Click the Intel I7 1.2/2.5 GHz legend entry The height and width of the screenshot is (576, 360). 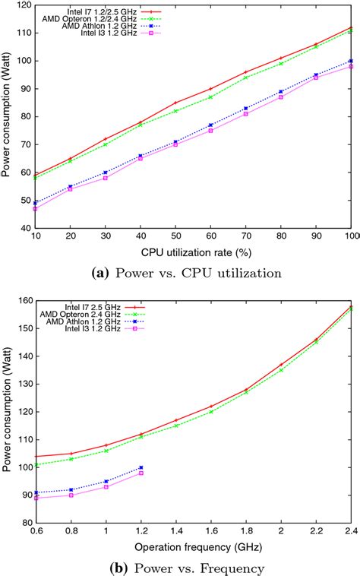(x=86, y=11)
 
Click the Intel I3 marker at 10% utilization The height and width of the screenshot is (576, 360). (x=36, y=208)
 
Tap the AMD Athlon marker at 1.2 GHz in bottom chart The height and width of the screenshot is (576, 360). (x=141, y=467)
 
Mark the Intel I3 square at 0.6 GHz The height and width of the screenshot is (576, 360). (x=36, y=498)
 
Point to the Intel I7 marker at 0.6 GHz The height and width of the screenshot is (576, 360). (x=36, y=457)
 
